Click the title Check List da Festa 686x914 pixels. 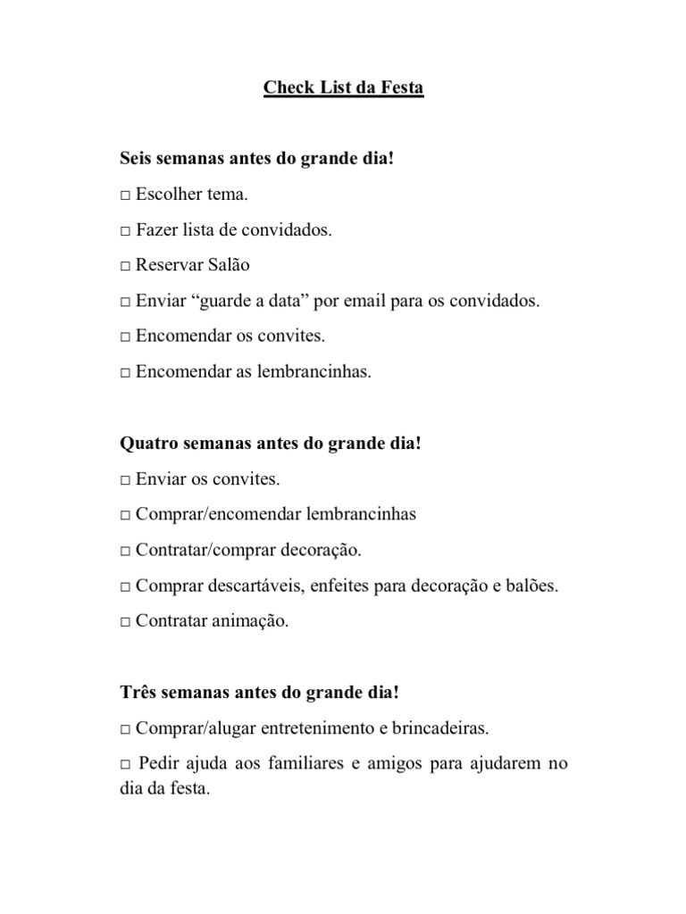click(343, 89)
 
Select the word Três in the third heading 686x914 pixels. click(138, 693)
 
